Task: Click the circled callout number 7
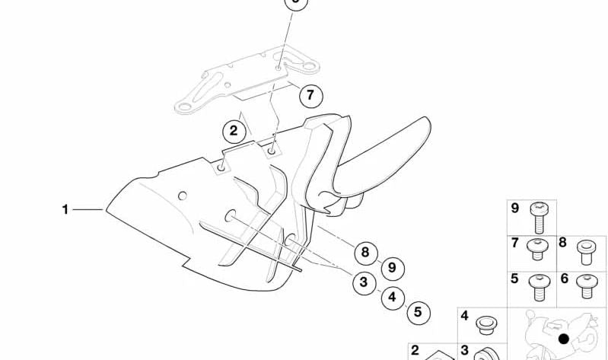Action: tap(310, 96)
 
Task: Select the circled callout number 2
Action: tap(234, 132)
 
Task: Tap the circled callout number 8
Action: tap(366, 253)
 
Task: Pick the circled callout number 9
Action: tap(393, 269)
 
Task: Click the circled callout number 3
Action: tap(364, 283)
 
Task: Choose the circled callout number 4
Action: tap(393, 298)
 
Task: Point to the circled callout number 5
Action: tap(419, 312)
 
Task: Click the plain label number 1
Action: tap(65, 209)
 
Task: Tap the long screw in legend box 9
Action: tap(539, 217)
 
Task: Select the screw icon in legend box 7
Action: tap(537, 249)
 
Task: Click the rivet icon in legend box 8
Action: tap(586, 253)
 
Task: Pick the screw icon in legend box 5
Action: tap(540, 288)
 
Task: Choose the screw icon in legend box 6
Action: tap(587, 286)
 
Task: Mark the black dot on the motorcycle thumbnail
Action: tap(563, 339)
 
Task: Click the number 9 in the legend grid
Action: tap(515, 209)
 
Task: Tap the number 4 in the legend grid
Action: tap(464, 316)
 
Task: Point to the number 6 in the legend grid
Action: tap(565, 278)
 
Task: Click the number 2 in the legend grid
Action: tap(415, 350)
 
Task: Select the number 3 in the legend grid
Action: tap(465, 350)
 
